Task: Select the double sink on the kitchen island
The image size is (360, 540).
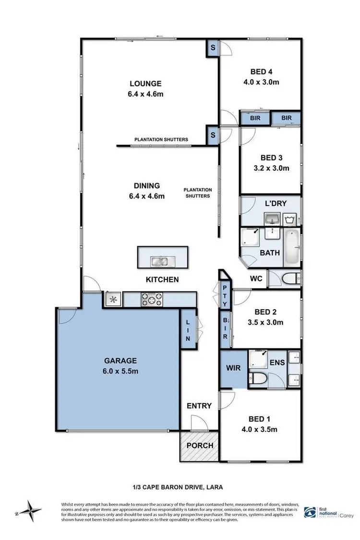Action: point(159,262)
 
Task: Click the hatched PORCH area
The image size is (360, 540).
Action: point(199,445)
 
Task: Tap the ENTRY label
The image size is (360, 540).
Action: point(199,406)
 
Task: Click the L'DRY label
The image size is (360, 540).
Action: point(276,204)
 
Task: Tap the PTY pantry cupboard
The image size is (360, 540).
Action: point(225,296)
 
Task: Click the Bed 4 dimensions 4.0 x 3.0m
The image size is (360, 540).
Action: point(261,82)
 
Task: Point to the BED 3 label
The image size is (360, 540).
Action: point(271,158)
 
